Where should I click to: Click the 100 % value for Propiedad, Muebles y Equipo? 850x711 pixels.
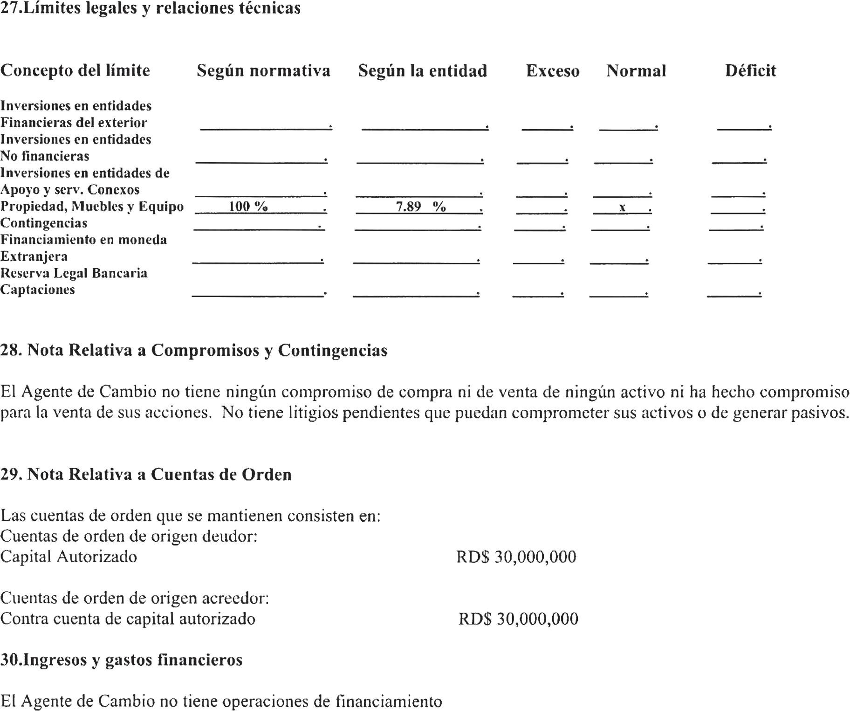coord(248,206)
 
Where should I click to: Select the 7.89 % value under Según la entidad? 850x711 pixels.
coord(420,206)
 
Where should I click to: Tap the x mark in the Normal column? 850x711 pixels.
coord(622,207)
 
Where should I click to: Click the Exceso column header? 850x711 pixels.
coord(553,71)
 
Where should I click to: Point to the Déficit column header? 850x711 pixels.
coord(750,71)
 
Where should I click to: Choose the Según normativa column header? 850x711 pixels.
coord(263,71)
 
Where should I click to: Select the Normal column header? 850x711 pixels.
coord(636,71)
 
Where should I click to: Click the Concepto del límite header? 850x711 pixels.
coord(75,71)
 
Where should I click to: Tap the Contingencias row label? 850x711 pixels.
coord(44,223)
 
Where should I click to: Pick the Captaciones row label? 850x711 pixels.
coord(37,290)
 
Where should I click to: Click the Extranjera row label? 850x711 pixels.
coord(34,256)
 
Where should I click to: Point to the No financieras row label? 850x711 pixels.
coord(45,156)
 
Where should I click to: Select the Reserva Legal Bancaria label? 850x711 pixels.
coord(74,273)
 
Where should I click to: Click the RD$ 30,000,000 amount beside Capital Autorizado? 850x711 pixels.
coord(516,557)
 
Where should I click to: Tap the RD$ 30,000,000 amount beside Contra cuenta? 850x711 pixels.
coord(518,619)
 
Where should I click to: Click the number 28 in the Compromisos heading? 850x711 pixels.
coord(10,350)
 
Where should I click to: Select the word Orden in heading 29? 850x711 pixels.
coord(267,475)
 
